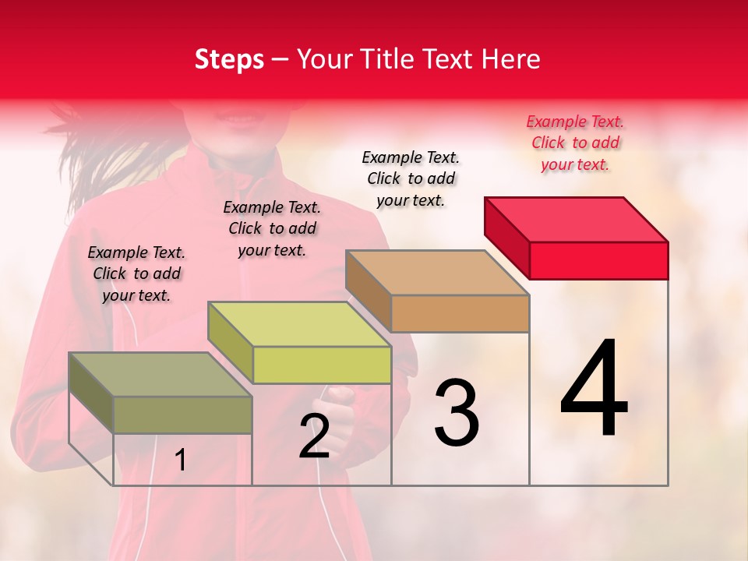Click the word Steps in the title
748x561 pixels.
[229, 59]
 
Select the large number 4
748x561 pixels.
[594, 389]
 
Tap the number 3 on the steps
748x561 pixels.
[457, 412]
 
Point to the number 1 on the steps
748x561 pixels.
[181, 460]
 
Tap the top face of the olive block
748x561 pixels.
[161, 375]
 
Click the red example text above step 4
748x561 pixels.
[575, 143]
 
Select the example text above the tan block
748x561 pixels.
[411, 178]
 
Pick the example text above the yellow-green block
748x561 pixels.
[272, 228]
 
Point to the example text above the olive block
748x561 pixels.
[136, 273]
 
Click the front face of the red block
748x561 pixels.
[598, 260]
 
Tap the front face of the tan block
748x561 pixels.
[460, 314]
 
